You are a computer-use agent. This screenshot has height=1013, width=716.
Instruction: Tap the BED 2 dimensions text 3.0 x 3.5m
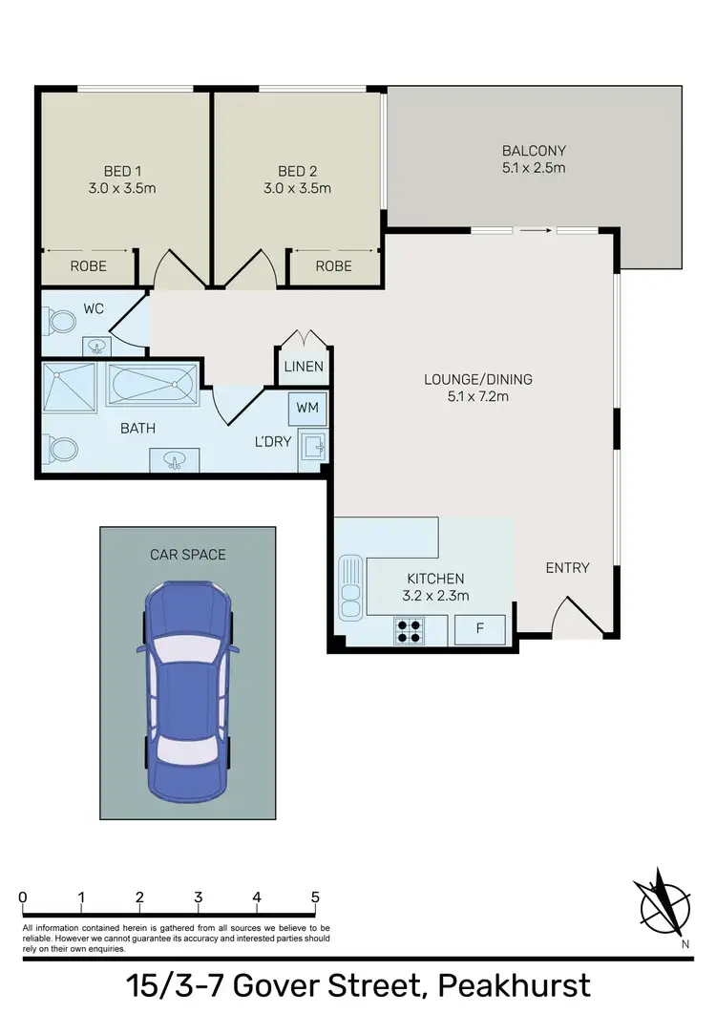297,188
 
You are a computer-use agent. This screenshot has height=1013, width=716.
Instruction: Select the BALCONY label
534,151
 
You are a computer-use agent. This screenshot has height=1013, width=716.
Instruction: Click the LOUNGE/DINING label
477,379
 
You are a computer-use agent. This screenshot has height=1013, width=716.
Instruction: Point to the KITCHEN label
435,579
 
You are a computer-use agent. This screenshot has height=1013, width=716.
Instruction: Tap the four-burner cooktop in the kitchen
411,630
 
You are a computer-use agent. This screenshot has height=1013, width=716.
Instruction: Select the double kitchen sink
350,586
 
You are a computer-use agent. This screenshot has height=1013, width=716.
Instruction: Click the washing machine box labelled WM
307,408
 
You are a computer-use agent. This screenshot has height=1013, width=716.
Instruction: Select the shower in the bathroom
69,388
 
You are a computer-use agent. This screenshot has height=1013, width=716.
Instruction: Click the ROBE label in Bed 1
88,266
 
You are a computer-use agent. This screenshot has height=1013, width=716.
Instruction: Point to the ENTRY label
567,568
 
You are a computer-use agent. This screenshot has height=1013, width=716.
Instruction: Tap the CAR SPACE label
188,554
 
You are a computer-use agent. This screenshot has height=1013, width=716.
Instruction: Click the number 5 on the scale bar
315,897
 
